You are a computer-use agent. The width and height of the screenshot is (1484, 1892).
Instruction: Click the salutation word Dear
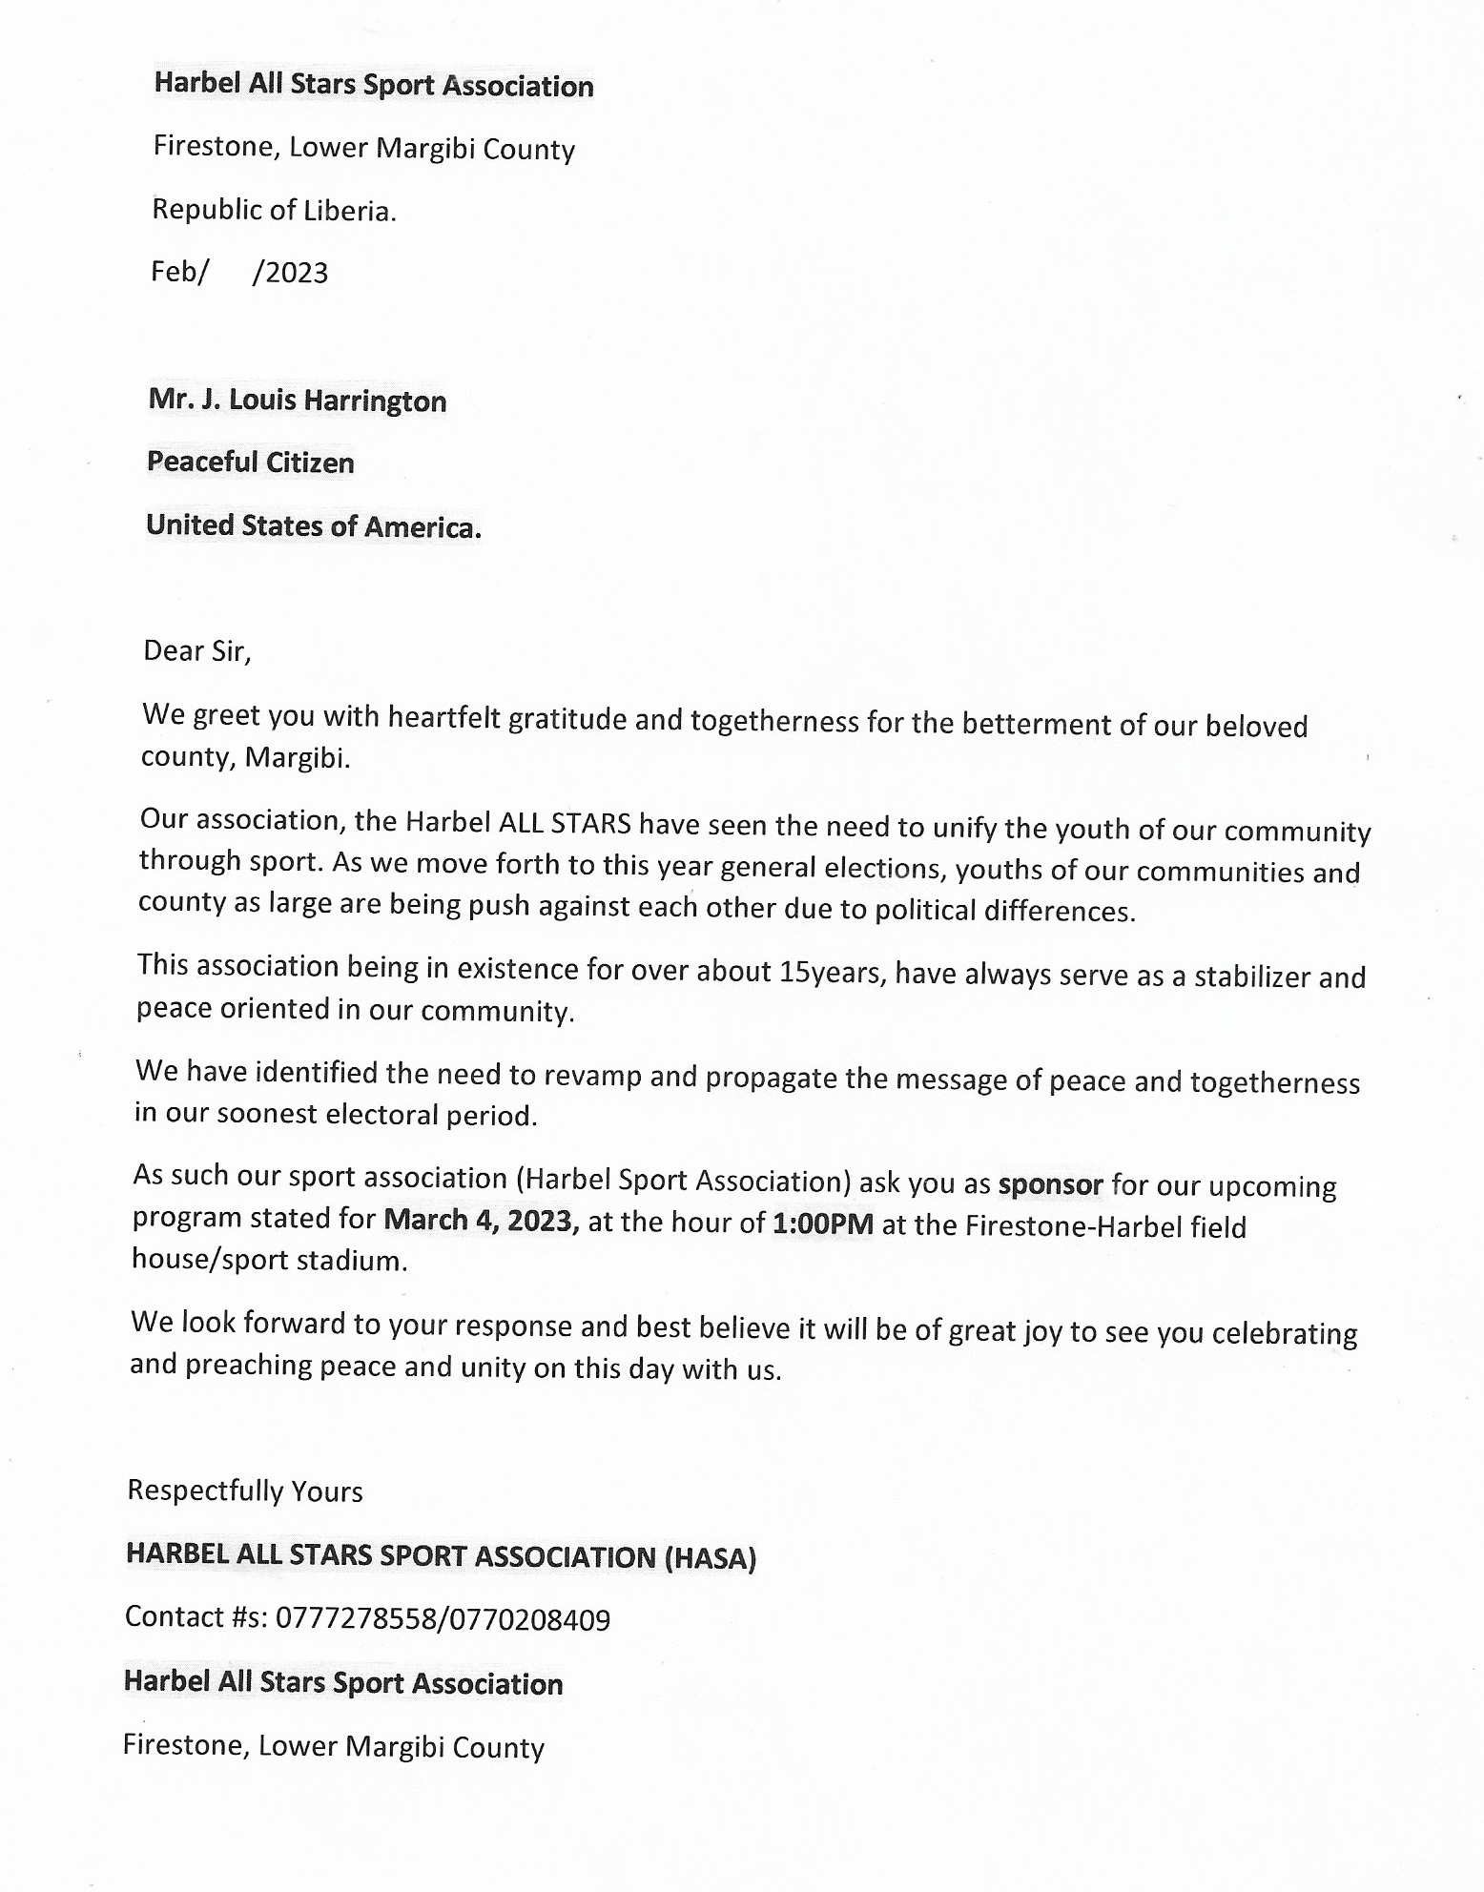[174, 650]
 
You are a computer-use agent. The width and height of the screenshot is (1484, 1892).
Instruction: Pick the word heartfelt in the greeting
[444, 717]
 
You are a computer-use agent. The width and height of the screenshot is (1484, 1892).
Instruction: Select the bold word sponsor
[1050, 1185]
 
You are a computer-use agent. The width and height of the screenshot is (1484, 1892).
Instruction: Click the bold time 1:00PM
[822, 1224]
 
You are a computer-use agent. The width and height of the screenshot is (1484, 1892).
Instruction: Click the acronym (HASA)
[710, 1558]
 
